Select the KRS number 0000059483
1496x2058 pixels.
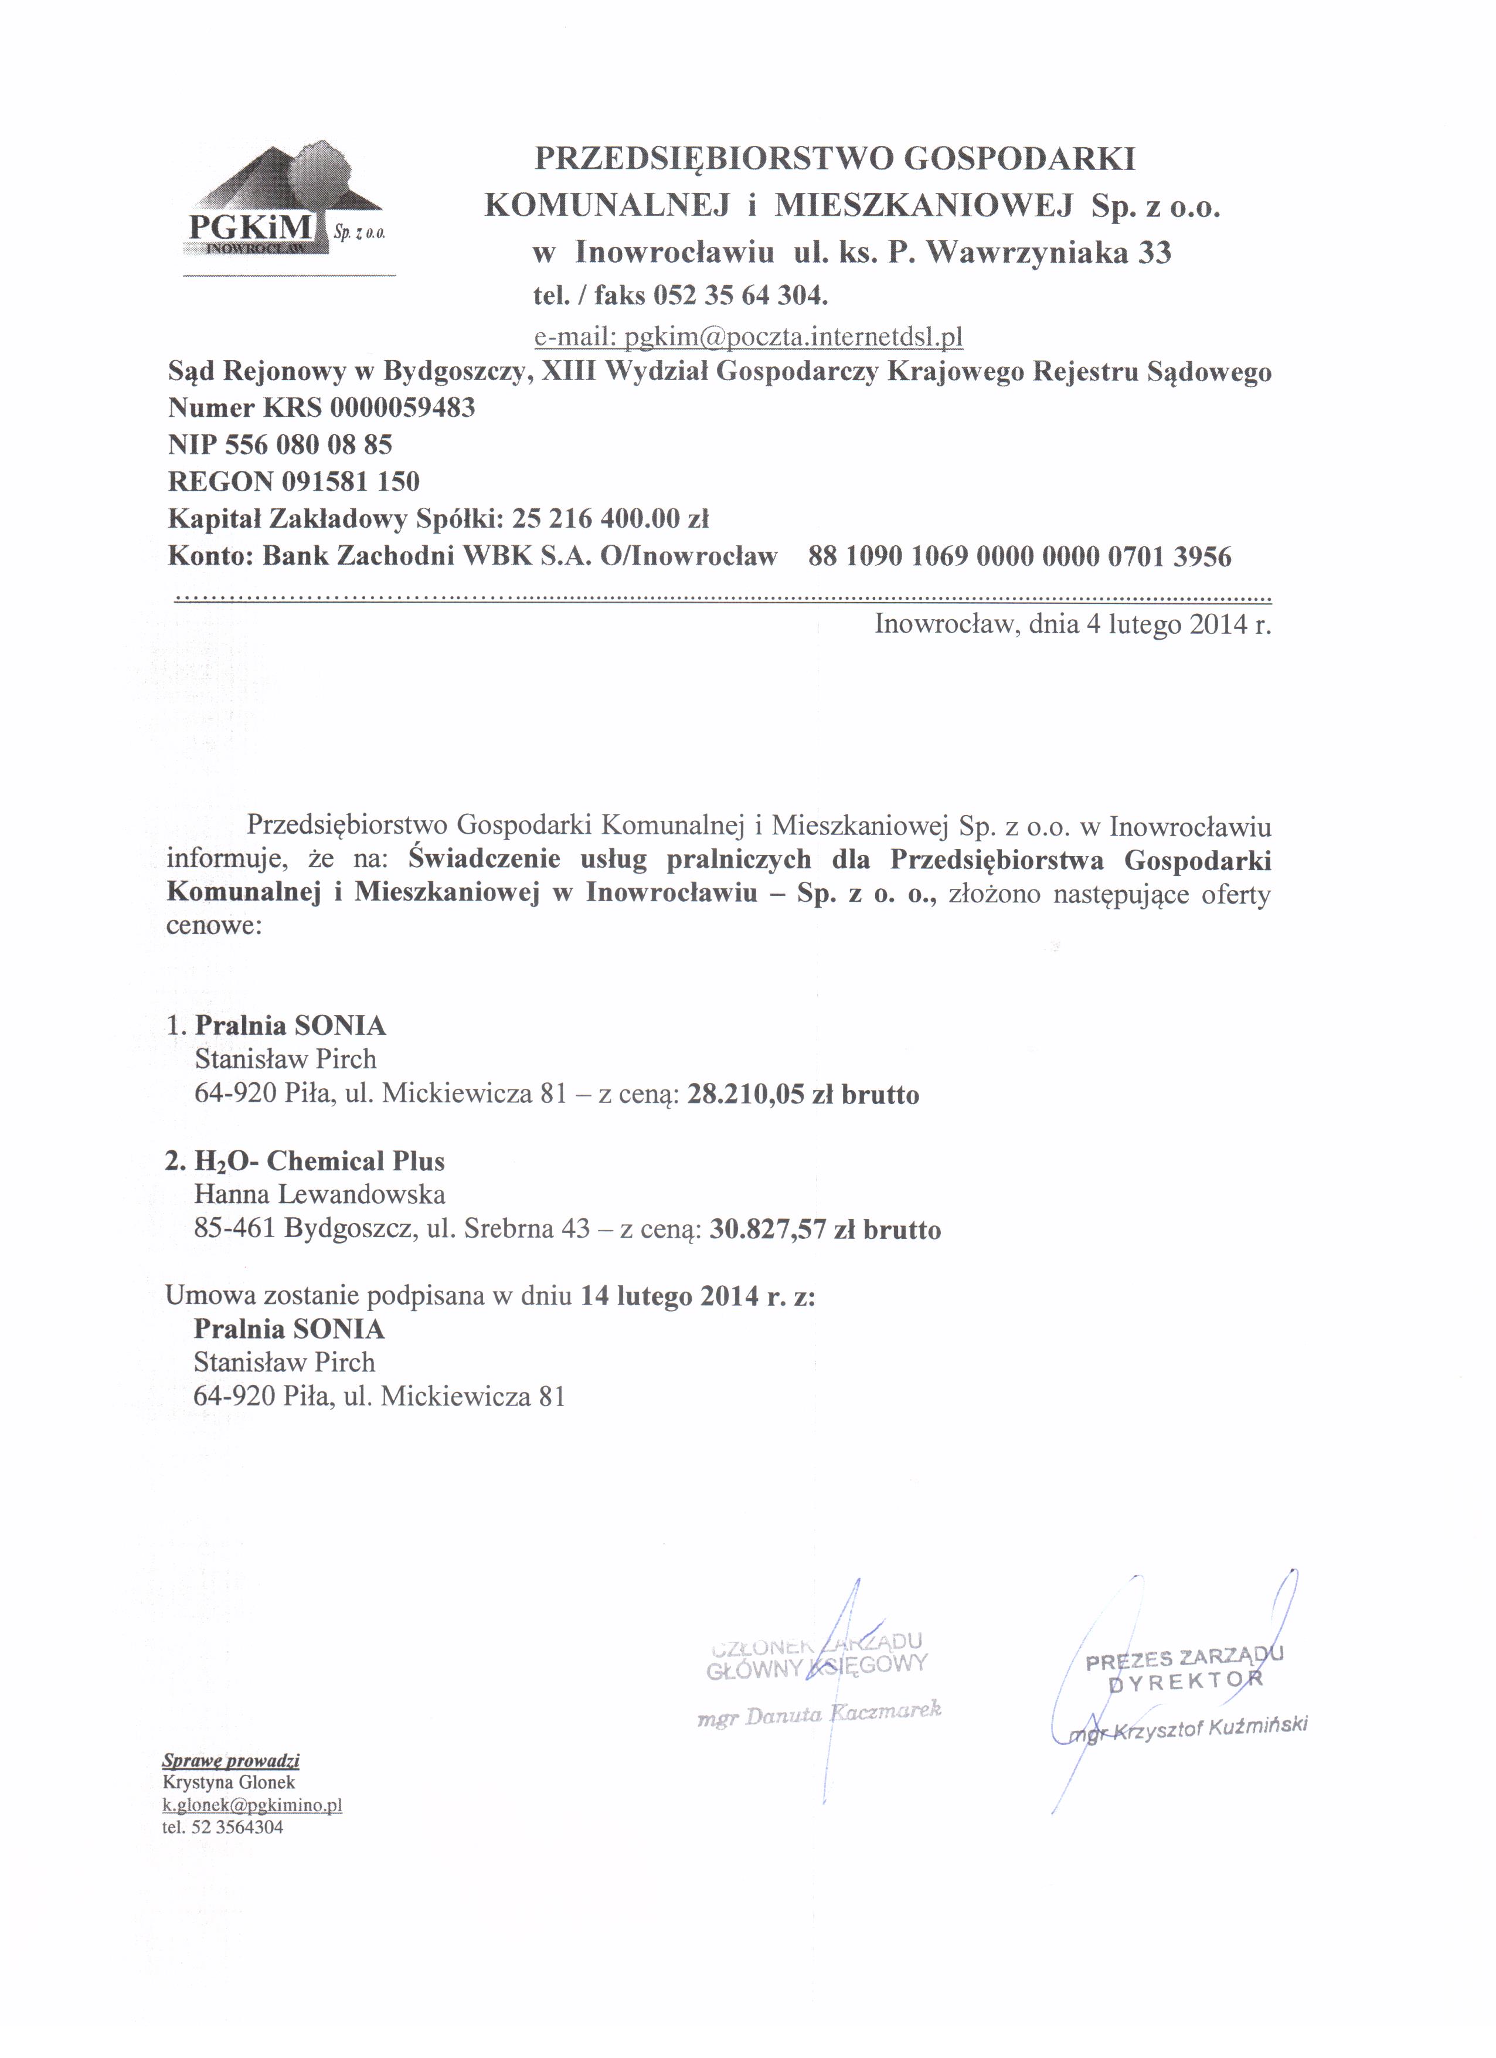[x=402, y=407]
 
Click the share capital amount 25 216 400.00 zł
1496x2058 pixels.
[x=610, y=519]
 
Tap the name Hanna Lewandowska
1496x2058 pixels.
[x=319, y=1194]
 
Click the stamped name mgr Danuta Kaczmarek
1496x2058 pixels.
[x=819, y=1713]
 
